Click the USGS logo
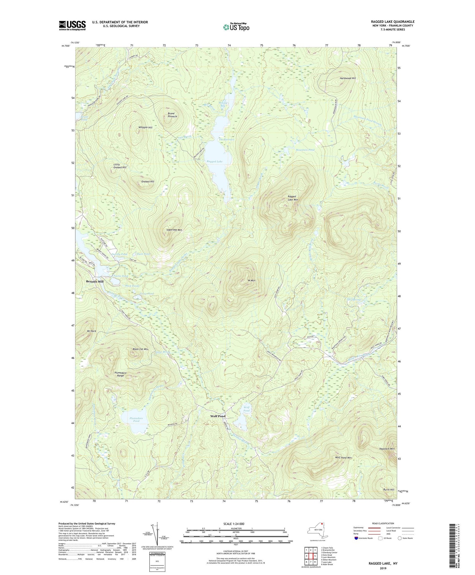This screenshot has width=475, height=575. [72, 25]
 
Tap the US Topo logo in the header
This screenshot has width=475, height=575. [236, 27]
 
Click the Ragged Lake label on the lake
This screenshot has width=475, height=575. [214, 162]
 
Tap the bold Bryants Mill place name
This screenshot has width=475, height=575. [95, 281]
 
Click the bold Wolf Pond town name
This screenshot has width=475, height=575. [218, 416]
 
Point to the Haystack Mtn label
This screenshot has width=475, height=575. [387, 449]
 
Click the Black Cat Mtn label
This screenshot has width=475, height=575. [140, 349]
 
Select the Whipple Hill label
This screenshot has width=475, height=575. [145, 127]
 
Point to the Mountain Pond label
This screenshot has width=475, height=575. [305, 150]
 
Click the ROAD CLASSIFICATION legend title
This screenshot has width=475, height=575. [383, 523]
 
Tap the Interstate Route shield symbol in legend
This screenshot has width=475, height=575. [356, 538]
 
